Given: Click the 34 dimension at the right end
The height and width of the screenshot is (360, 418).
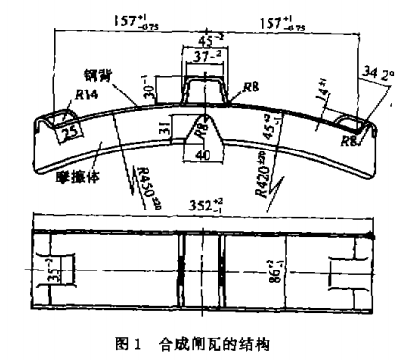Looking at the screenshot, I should pos(370,71).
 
